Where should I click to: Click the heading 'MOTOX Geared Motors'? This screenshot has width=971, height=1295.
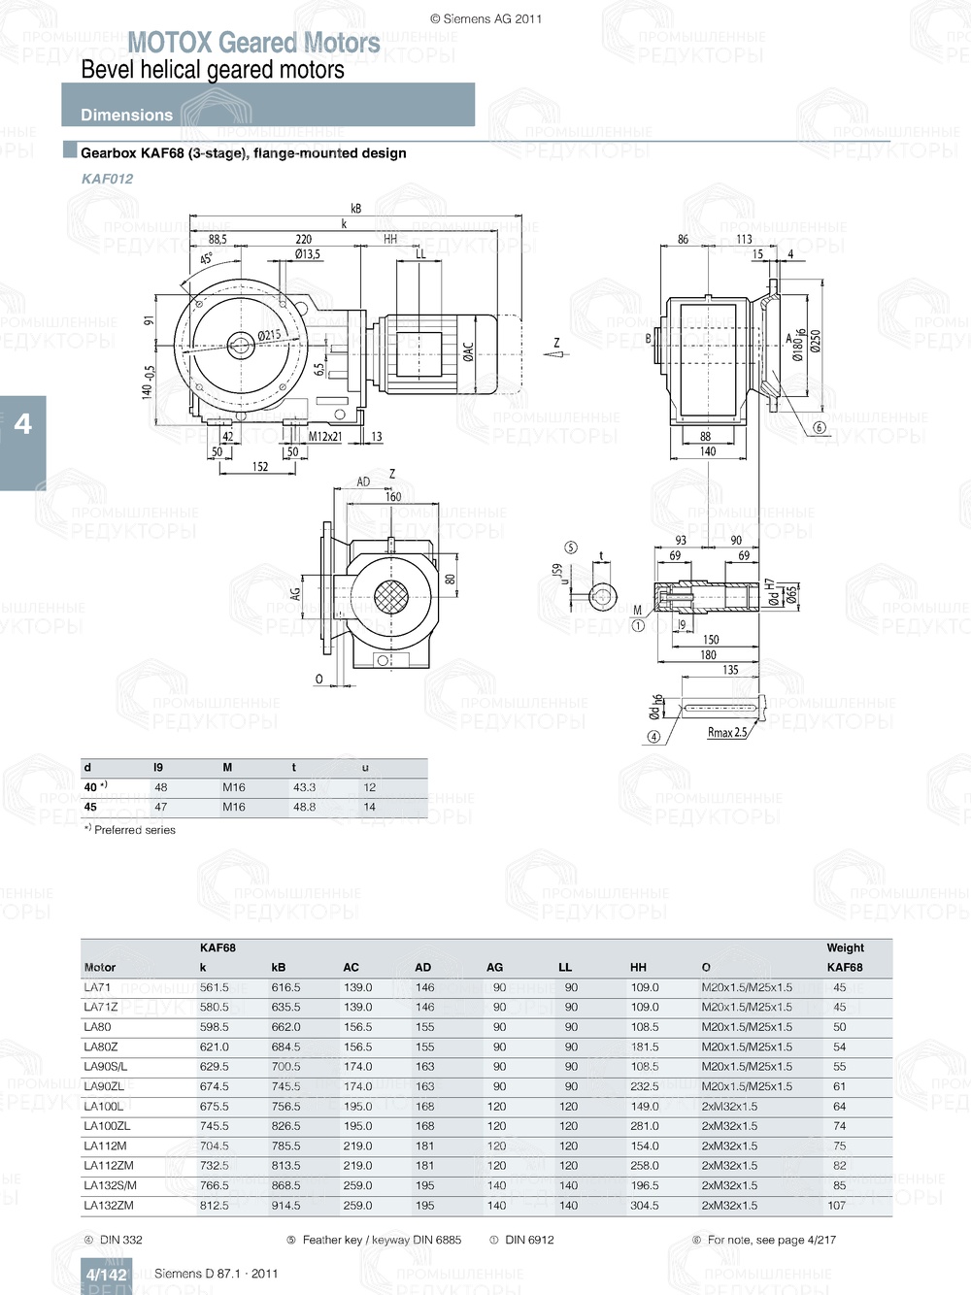pyautogui.click(x=253, y=43)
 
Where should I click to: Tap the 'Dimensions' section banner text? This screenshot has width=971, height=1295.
pyautogui.click(x=126, y=115)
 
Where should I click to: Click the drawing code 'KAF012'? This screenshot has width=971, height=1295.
pyautogui.click(x=107, y=179)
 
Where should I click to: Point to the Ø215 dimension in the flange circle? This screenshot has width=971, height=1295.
pyautogui.click(x=269, y=336)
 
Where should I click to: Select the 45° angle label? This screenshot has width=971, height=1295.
pyautogui.click(x=207, y=259)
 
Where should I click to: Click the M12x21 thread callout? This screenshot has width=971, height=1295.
pyautogui.click(x=325, y=437)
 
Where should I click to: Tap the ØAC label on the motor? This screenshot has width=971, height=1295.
pyautogui.click(x=468, y=351)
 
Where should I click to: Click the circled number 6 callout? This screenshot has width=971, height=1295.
pyautogui.click(x=819, y=427)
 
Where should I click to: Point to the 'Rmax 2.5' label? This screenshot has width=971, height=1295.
pyautogui.click(x=727, y=732)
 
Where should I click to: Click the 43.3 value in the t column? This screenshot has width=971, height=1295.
pyautogui.click(x=304, y=787)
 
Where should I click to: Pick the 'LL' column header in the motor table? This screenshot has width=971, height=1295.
pyautogui.click(x=565, y=967)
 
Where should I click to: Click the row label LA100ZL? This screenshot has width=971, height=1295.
pyautogui.click(x=107, y=1126)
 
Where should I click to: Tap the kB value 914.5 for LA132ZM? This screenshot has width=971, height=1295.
pyautogui.click(x=285, y=1206)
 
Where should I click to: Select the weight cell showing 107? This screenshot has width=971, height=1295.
pyautogui.click(x=836, y=1206)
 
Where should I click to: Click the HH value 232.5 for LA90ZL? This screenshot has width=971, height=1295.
pyautogui.click(x=644, y=1086)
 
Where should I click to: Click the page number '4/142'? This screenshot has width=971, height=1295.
pyautogui.click(x=106, y=1275)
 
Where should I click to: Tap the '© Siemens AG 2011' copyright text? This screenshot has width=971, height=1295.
pyautogui.click(x=485, y=18)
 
